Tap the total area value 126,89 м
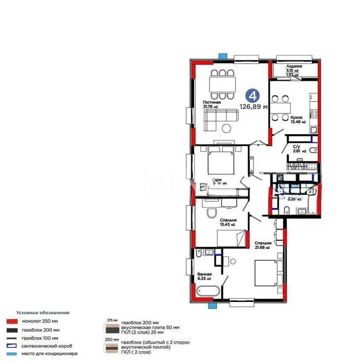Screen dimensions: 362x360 coord(253,107)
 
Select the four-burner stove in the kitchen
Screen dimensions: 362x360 coord(314,114)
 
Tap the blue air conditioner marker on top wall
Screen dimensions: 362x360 coord(222,56)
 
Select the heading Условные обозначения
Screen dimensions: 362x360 coord(43,313)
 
